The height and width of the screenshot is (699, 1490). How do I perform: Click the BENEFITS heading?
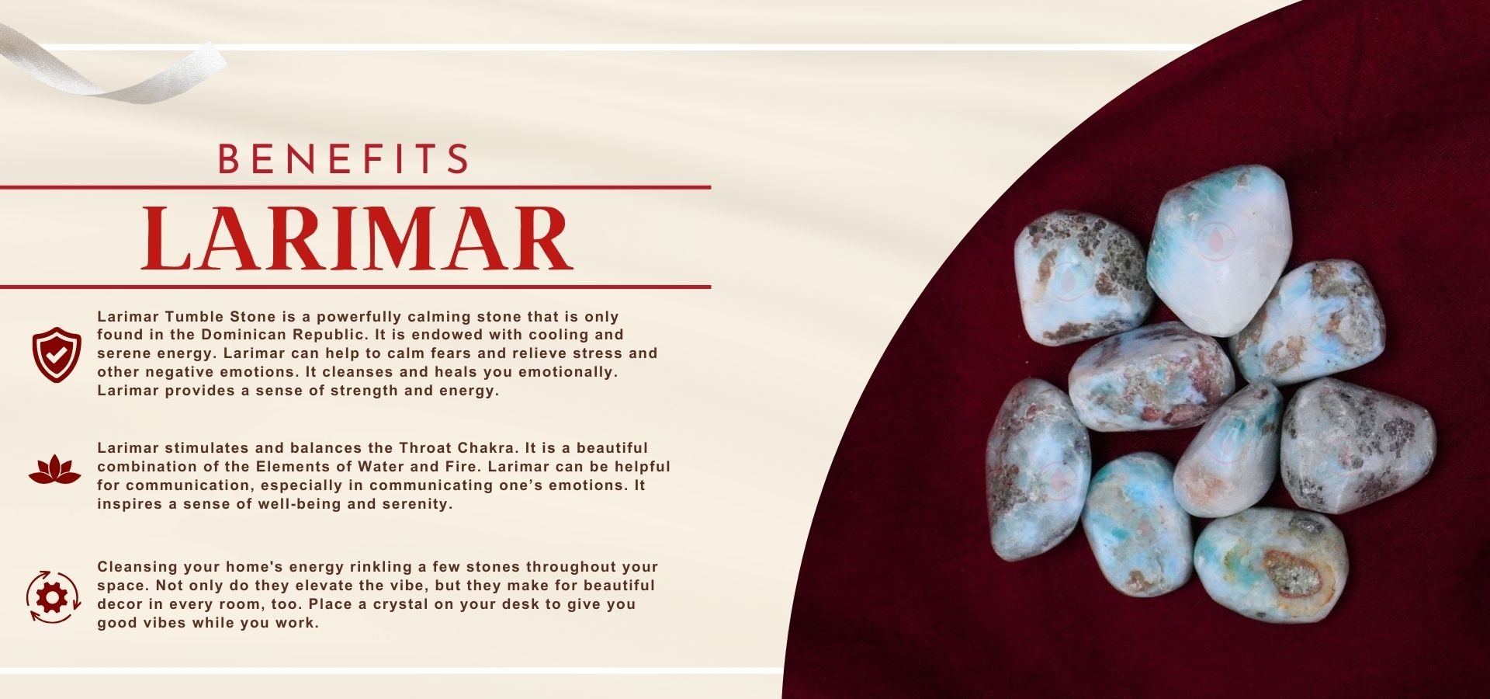(344, 158)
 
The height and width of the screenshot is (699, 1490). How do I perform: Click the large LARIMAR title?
(358, 238)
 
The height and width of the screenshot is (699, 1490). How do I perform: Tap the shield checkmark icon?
(56, 354)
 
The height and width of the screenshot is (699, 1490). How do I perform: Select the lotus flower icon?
(54, 471)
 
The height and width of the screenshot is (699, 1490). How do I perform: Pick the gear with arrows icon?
(53, 596)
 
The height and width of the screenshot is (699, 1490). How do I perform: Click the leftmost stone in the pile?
(1038, 470)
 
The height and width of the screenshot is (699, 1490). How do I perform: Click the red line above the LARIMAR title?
(355, 187)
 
